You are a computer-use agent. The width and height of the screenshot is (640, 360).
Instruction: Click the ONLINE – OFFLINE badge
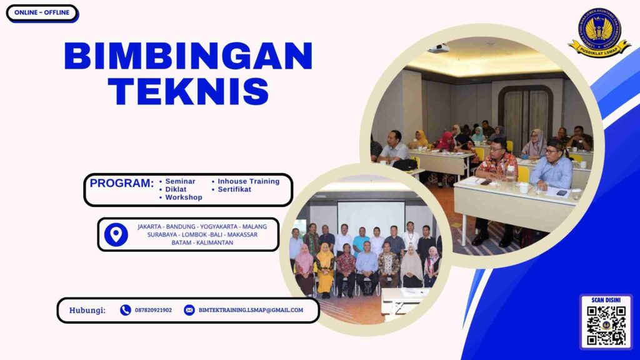coord(42,13)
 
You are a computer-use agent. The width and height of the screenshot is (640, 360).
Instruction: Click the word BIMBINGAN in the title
coord(188,56)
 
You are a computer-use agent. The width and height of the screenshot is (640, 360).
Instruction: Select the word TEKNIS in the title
coord(188,91)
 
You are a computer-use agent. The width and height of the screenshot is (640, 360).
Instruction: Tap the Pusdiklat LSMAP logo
coord(599,32)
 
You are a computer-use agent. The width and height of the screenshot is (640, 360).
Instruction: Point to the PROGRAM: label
coord(121,184)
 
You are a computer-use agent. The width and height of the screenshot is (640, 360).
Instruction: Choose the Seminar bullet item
coord(180,181)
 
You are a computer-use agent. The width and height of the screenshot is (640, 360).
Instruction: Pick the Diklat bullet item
coord(176,189)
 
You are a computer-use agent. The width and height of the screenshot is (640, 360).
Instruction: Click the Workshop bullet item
coord(184,197)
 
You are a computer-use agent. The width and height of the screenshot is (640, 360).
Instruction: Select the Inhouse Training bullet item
coord(248,181)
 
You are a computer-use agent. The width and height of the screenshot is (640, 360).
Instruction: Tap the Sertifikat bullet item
coord(234,189)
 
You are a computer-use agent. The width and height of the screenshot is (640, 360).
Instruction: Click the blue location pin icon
coord(116,234)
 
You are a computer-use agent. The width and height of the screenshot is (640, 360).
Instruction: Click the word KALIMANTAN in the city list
coord(215,242)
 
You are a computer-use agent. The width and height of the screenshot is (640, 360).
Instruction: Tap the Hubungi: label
coord(87,310)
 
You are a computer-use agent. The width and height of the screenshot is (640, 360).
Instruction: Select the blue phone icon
coord(126,310)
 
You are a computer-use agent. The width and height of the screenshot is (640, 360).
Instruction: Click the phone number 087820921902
coord(153,310)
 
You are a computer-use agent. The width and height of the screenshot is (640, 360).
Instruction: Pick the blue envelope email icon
coord(189,310)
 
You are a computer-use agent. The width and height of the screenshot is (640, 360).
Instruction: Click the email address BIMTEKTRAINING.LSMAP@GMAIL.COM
coord(251,310)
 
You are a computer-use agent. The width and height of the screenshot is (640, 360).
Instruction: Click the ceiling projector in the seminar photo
coord(439,48)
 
